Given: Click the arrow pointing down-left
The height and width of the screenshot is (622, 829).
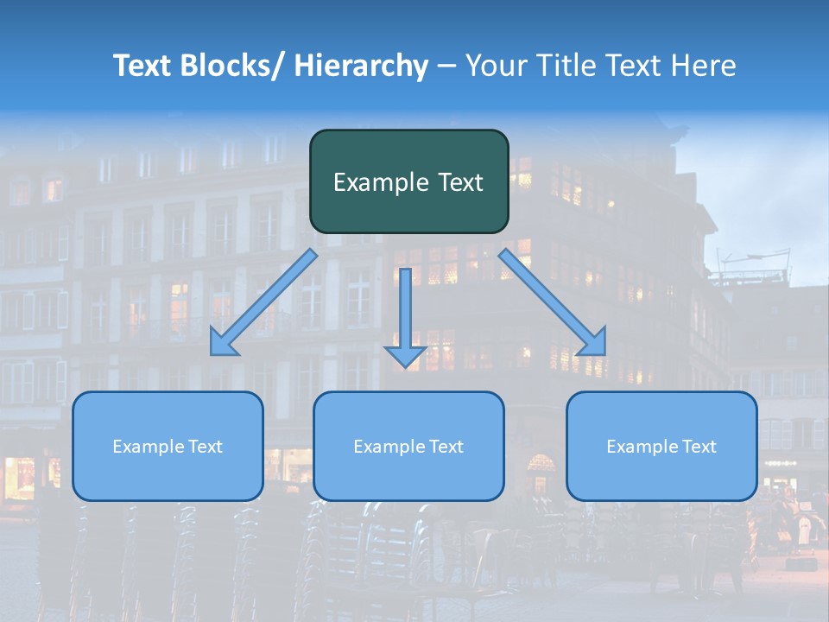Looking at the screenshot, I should [263, 302].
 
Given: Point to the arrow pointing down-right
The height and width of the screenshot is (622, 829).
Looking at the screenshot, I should [553, 302].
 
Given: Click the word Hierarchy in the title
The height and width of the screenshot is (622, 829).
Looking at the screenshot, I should [361, 66].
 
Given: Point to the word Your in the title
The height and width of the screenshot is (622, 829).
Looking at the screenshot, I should [496, 66].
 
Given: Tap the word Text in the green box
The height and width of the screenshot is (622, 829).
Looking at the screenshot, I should [459, 182].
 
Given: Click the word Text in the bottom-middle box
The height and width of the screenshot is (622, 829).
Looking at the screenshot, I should [446, 447].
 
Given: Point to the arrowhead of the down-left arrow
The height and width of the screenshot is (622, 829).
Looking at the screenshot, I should [222, 345].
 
